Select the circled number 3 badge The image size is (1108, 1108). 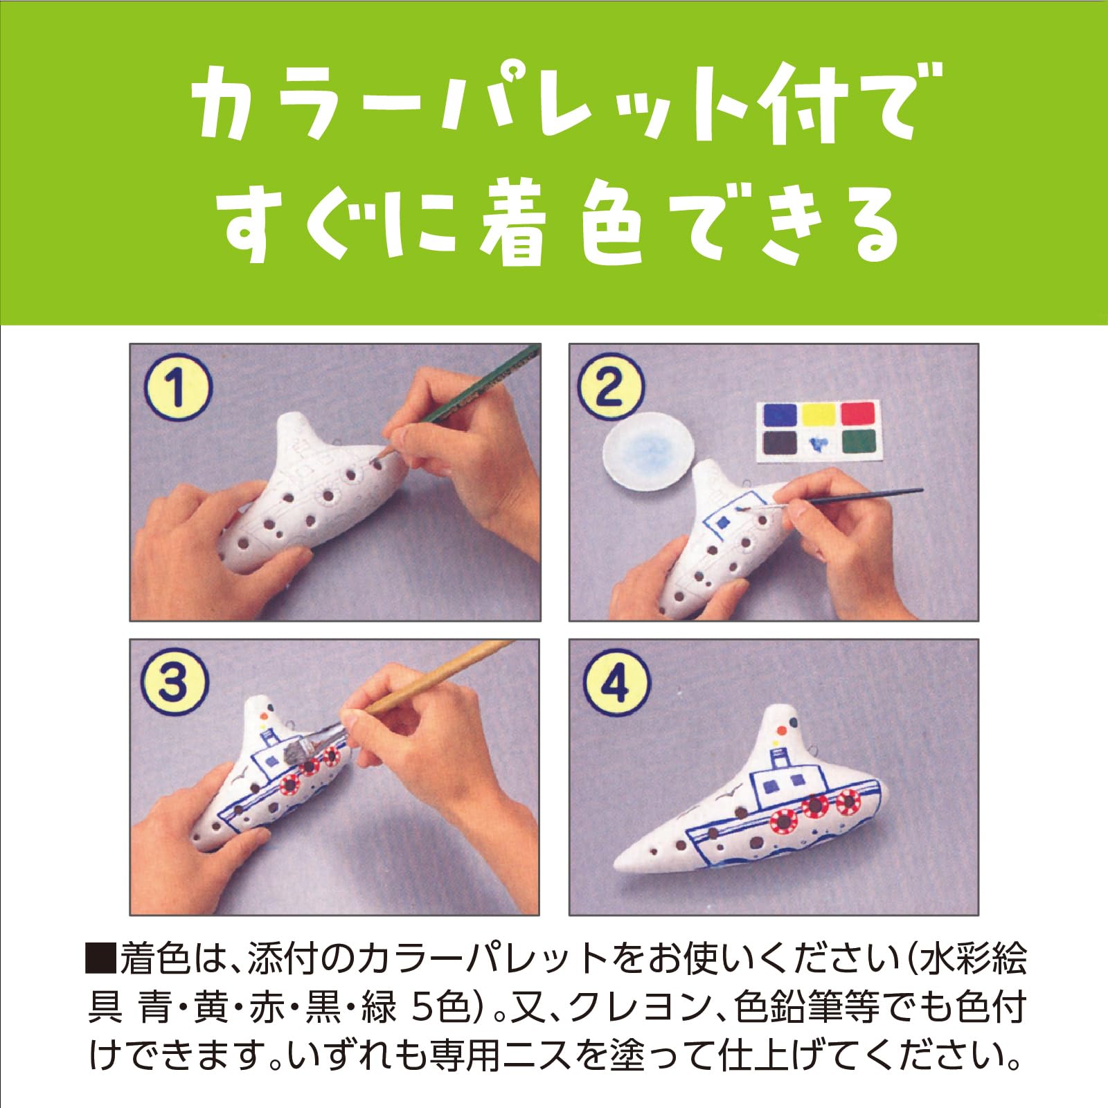pos(173,683)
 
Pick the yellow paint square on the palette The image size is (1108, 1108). pos(819,414)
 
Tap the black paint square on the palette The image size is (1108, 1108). pos(780,442)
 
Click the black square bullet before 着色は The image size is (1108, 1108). pos(101,961)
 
